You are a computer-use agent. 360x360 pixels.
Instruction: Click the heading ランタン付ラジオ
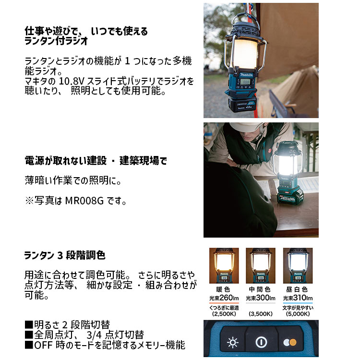click(56, 42)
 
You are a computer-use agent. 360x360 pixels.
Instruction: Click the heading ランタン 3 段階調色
click(65, 255)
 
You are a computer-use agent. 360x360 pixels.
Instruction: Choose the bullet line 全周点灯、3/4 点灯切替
click(84, 335)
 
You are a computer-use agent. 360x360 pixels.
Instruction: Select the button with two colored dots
click(289, 343)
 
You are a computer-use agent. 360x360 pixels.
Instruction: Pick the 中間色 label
click(261, 289)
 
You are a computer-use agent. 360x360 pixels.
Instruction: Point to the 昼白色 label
click(298, 289)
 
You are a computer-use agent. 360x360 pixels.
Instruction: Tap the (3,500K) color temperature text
click(261, 314)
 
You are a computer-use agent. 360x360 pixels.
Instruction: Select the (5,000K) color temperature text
click(298, 314)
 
